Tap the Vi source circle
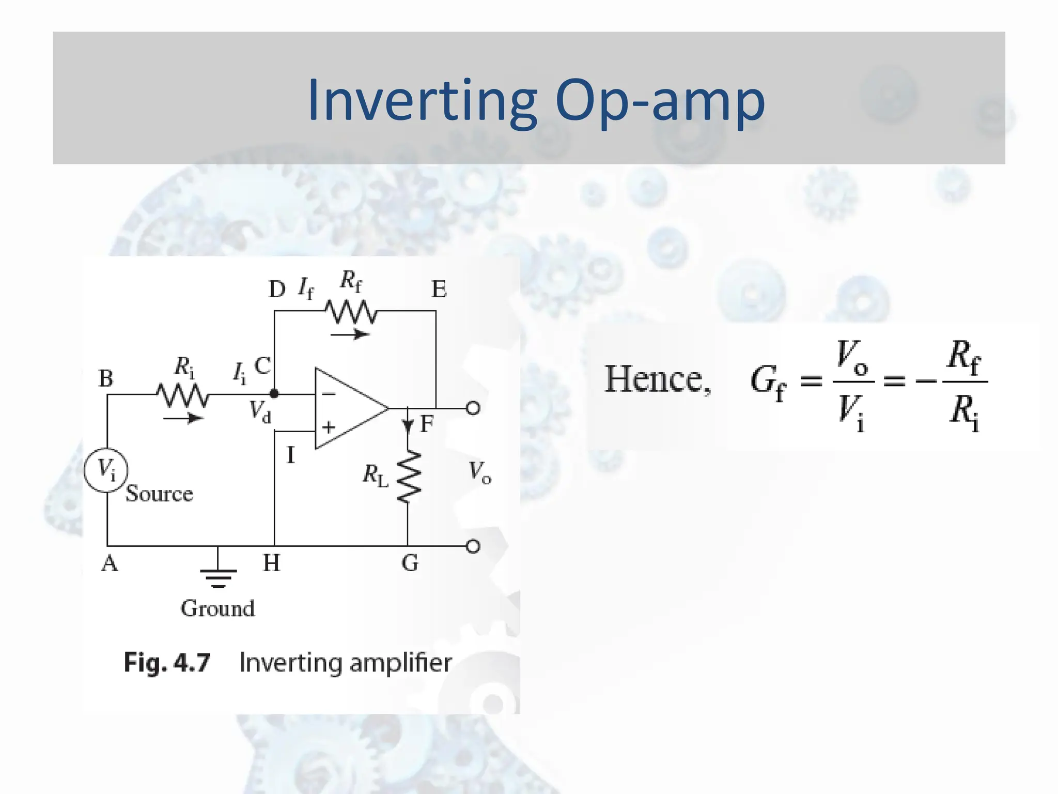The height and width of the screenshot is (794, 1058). [106, 470]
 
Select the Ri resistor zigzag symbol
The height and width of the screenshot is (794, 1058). [183, 395]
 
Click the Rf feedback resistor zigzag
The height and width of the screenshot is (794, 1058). [351, 312]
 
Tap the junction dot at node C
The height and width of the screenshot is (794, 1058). [274, 394]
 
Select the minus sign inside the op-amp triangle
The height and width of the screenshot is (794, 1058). [329, 394]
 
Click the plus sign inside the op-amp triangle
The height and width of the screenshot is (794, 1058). [329, 427]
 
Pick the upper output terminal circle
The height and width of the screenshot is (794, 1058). [473, 408]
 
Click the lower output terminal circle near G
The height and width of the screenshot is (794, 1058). [473, 546]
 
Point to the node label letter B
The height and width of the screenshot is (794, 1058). [105, 379]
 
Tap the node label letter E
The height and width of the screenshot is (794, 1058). [439, 289]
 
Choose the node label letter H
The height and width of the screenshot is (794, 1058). [271, 563]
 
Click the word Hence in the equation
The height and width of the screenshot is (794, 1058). [657, 380]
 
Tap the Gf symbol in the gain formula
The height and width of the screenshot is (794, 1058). [767, 383]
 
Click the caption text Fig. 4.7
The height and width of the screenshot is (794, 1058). [167, 663]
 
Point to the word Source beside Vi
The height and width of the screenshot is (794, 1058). [159, 494]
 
